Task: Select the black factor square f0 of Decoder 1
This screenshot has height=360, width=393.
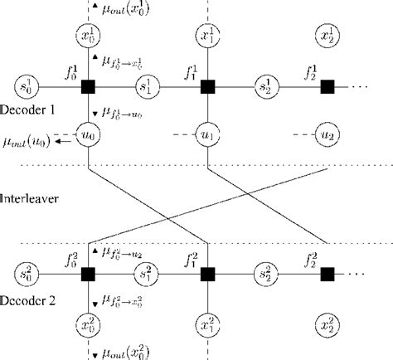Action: point(88,85)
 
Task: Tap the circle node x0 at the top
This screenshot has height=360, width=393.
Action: point(88,35)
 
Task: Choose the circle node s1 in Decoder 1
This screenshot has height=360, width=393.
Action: point(148,85)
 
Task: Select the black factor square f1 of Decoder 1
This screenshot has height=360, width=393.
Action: point(207,85)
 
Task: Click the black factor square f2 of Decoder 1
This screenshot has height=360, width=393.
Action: point(327,85)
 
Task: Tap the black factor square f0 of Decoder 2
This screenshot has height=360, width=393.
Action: point(88,272)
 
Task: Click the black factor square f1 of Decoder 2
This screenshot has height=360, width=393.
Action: point(207,272)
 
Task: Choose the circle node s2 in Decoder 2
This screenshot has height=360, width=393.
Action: point(267,272)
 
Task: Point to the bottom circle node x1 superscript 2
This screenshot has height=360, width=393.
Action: point(207,321)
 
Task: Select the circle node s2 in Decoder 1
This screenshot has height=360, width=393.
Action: point(267,85)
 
